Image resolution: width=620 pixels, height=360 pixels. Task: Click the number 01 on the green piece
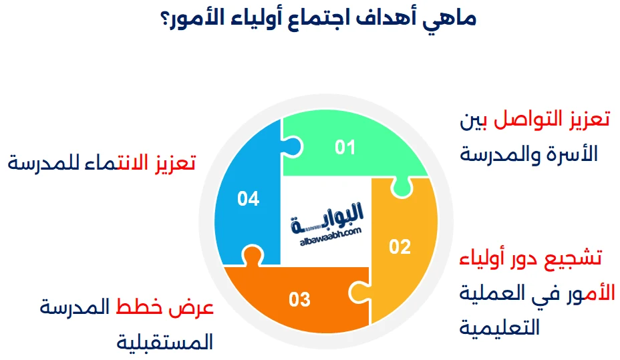pyautogui.click(x=345, y=147)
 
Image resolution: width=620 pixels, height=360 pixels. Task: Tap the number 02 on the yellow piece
pyautogui.click(x=400, y=247)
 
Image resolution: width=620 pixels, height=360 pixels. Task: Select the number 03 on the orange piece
pyautogui.click(x=299, y=299)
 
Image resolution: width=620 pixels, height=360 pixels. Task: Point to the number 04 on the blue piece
pyautogui.click(x=248, y=199)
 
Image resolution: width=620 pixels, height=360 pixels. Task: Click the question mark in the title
pyautogui.click(x=165, y=19)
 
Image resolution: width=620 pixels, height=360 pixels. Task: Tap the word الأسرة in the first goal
pyautogui.click(x=573, y=154)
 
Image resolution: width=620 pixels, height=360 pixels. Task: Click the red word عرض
pyautogui.click(x=195, y=308)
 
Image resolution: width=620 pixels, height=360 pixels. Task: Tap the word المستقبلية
pyautogui.click(x=164, y=343)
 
